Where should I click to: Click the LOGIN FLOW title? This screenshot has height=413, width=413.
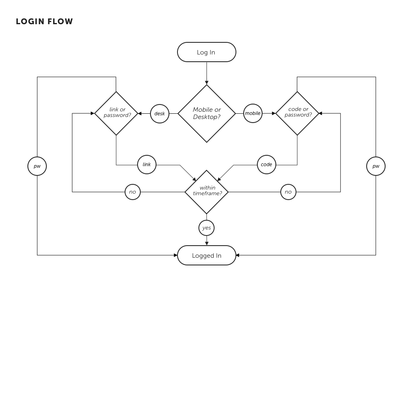click(x=44, y=21)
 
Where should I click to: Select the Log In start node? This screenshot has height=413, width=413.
click(x=206, y=52)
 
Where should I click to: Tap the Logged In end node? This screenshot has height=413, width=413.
click(x=206, y=255)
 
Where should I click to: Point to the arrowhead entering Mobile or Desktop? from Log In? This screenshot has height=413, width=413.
click(x=207, y=83)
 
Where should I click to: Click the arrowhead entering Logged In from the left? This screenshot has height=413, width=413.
click(x=176, y=255)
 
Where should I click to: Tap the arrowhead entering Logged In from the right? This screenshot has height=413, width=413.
click(x=238, y=255)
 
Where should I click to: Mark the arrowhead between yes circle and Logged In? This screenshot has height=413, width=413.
click(x=207, y=244)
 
